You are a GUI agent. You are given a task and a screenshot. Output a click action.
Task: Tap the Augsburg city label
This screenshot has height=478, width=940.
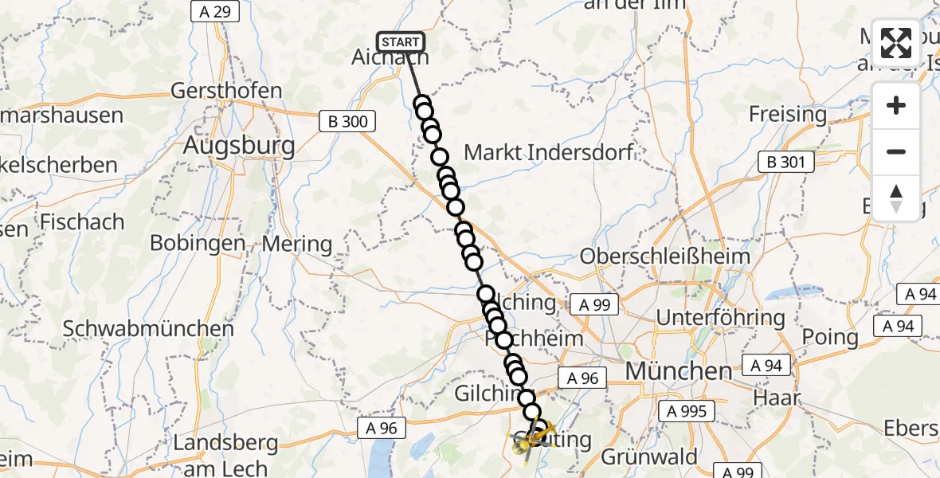239,146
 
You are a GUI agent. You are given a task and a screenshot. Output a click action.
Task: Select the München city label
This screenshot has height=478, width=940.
678,370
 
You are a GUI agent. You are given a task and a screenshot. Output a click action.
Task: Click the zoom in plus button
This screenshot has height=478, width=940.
896,105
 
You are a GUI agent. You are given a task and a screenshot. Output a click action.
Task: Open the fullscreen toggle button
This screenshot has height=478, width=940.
896,43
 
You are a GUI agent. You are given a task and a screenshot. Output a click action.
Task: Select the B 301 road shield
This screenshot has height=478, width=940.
785,163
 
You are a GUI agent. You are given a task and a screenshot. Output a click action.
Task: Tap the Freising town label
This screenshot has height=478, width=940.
787,114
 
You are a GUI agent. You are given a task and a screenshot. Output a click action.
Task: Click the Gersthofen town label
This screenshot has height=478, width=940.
226,90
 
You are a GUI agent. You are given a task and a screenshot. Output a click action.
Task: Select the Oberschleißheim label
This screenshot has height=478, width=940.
665,257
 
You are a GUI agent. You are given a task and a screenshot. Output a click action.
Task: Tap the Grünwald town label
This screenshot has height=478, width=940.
648,457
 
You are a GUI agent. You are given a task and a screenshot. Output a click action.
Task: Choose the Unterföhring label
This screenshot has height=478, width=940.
720,318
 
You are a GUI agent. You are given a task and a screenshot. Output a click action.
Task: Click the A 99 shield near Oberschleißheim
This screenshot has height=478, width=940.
594,304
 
